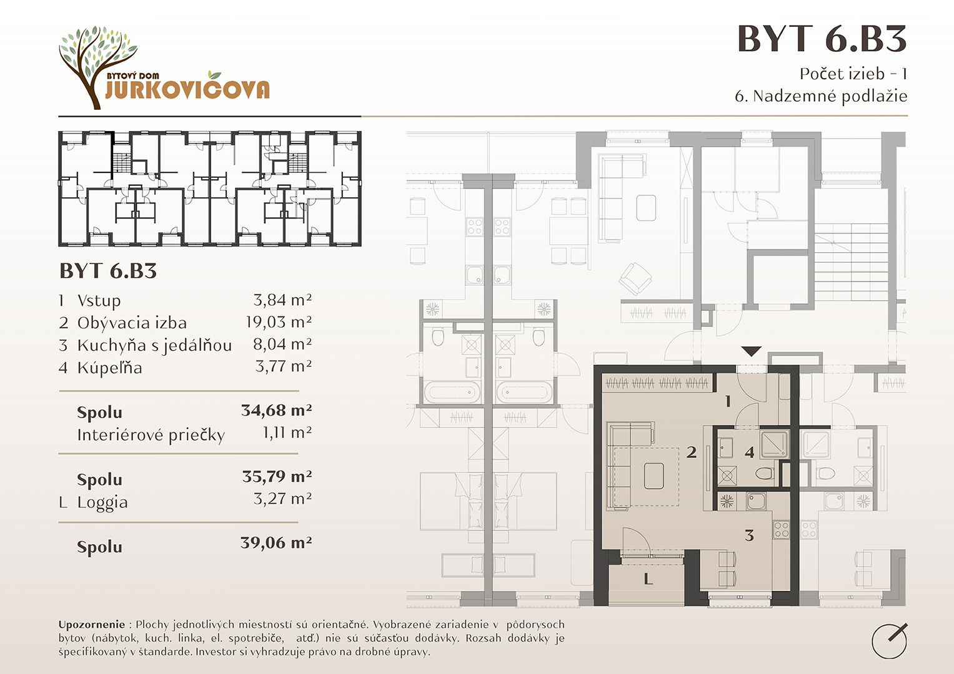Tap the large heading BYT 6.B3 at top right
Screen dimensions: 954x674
click(x=822, y=39)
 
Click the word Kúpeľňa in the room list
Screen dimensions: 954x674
click(x=109, y=368)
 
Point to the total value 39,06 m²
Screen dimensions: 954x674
click(x=276, y=543)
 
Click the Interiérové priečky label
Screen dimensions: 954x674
click(x=151, y=436)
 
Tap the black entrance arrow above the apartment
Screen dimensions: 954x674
click(x=751, y=351)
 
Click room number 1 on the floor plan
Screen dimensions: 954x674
click(x=728, y=401)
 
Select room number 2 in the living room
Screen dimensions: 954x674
click(x=691, y=452)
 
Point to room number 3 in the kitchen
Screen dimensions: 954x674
click(x=750, y=535)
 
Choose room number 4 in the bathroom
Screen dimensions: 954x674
click(x=749, y=452)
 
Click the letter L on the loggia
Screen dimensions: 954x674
click(x=648, y=579)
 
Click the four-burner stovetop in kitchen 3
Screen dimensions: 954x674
click(x=781, y=530)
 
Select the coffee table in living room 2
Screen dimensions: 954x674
click(x=653, y=476)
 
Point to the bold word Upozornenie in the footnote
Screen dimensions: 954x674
click(x=92, y=625)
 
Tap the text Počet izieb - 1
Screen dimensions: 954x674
click(x=853, y=74)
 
